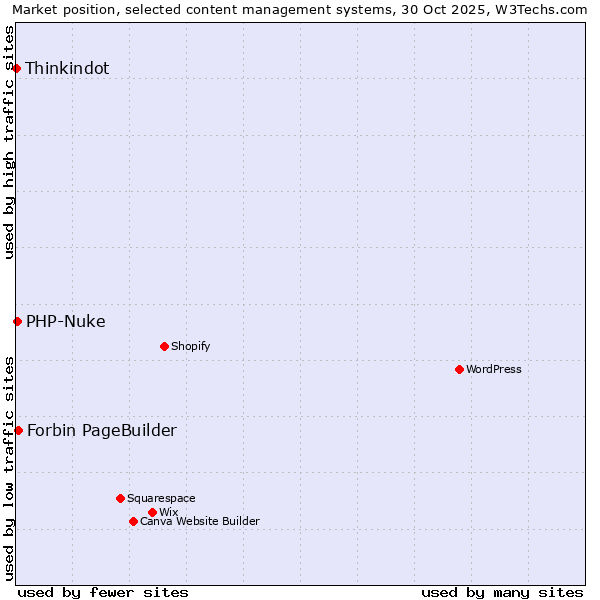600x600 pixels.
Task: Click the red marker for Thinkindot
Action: click(17, 68)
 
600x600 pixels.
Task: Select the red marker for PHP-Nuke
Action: click(17, 321)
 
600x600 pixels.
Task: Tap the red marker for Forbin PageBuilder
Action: click(18, 430)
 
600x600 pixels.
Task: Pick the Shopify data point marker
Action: click(164, 346)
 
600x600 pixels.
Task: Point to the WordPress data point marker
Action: click(459, 369)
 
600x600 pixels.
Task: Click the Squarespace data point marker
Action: click(120, 498)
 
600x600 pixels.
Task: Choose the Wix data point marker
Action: click(152, 512)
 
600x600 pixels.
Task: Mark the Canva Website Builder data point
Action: click(133, 521)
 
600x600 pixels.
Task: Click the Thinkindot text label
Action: click(67, 68)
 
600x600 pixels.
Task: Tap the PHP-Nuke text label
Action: click(66, 321)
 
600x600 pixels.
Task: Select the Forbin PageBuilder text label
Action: click(102, 430)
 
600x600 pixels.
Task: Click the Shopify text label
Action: click(191, 346)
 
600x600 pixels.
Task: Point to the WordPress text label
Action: click(494, 369)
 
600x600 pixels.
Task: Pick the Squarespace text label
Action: click(162, 498)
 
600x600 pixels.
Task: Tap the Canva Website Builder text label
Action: click(200, 521)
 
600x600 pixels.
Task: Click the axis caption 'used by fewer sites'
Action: click(103, 592)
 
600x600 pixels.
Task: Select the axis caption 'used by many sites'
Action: click(502, 592)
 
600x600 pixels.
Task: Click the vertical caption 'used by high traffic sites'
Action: click(10, 142)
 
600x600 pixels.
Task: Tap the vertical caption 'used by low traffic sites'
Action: click(10, 467)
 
